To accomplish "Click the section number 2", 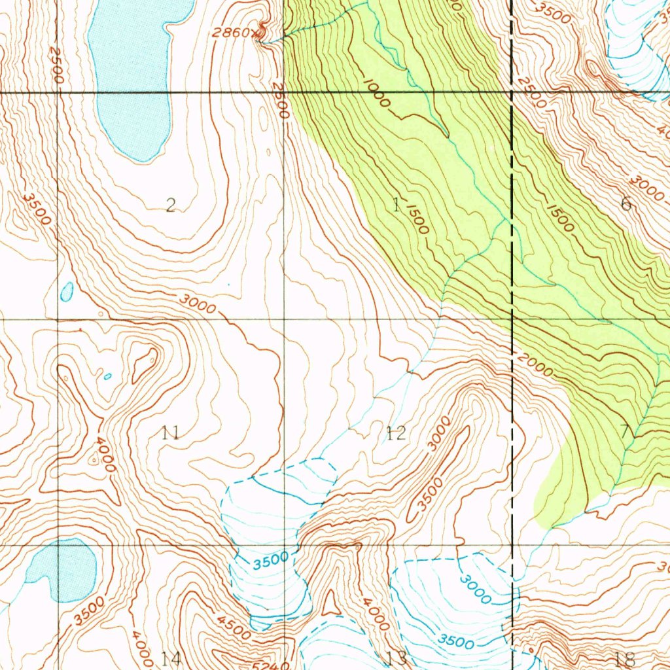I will tap(171, 207).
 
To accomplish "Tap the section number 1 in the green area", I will tap(396, 205).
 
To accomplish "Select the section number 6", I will tap(626, 203).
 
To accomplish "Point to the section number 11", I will tap(171, 432).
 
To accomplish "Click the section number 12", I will tap(395, 432).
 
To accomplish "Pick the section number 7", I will tap(625, 431).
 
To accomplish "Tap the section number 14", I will tap(171, 658).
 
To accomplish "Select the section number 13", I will tap(397, 657).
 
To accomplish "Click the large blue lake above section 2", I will tap(134, 72).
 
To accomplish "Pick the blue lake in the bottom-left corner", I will tap(65, 569).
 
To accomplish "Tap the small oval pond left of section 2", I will tap(67, 292).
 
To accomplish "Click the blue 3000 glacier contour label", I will tap(476, 588).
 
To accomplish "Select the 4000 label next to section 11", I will tap(104, 455).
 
